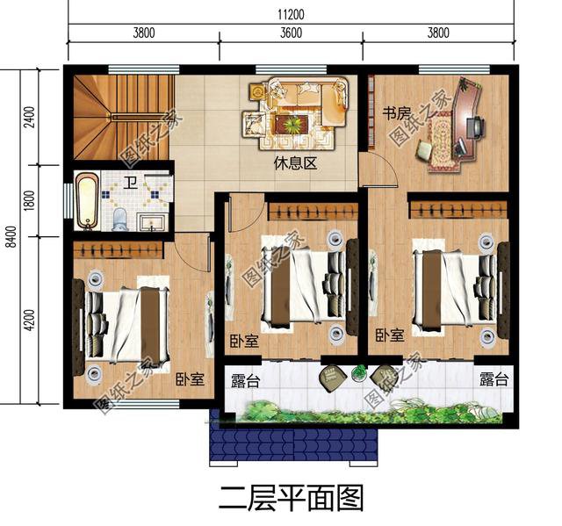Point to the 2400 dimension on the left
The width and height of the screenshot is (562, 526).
(29, 117)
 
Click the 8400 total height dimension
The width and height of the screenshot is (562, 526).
(10, 235)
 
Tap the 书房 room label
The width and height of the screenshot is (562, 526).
(397, 113)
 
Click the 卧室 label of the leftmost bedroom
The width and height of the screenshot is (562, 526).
(190, 379)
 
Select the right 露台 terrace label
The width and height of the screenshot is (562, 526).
(493, 380)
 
